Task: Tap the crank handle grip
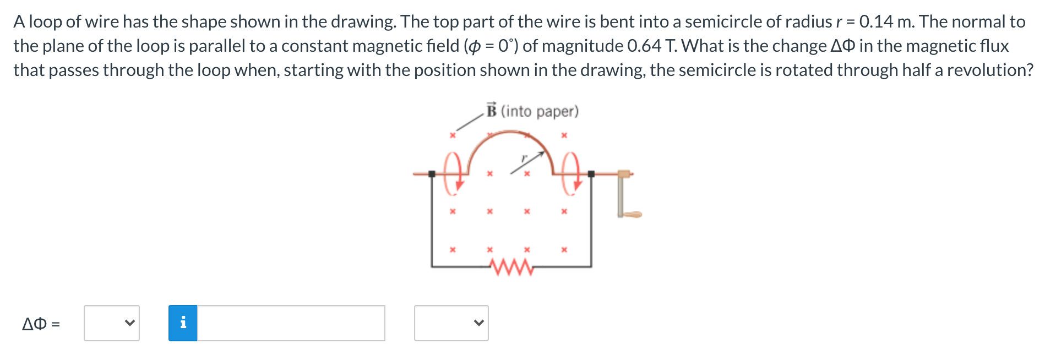click(x=634, y=214)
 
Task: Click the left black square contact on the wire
click(x=432, y=174)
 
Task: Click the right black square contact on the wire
click(x=591, y=174)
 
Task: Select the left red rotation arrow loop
click(x=453, y=174)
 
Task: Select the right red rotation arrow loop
click(x=571, y=174)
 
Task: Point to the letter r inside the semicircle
click(x=524, y=159)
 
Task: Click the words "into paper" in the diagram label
click(x=540, y=111)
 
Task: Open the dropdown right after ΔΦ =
click(x=112, y=323)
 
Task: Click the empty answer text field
click(x=291, y=323)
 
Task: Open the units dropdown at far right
click(x=451, y=323)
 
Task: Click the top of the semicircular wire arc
click(x=511, y=132)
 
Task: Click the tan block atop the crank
click(x=623, y=174)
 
